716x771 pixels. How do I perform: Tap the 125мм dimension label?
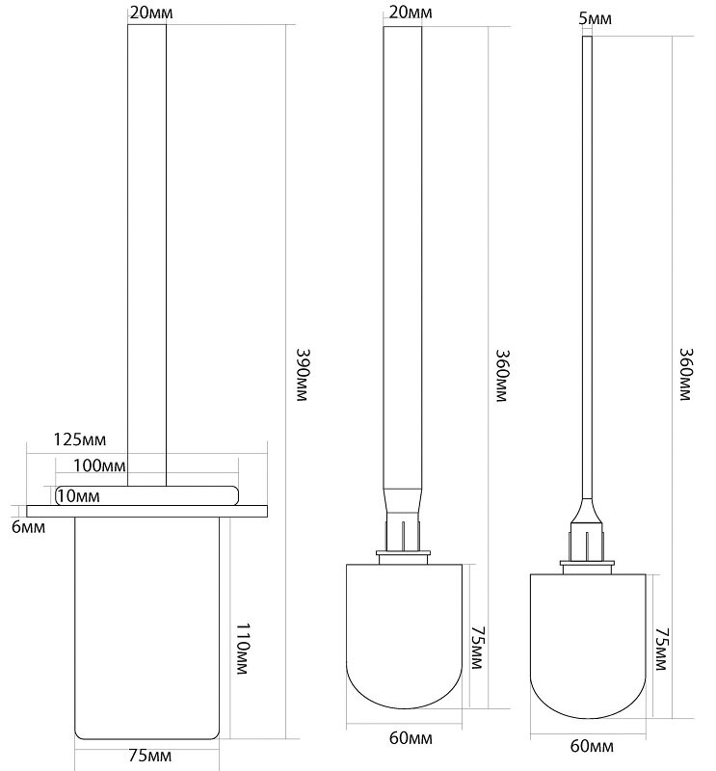point(80,439)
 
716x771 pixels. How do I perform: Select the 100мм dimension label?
point(99,465)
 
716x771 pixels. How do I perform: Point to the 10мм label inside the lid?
point(79,496)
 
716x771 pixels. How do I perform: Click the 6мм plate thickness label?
point(29,527)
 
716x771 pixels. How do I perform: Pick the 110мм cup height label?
point(243,649)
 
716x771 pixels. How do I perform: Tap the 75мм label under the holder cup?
point(150,756)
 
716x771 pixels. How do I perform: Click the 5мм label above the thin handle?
point(595,19)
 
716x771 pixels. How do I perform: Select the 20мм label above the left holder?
point(151,13)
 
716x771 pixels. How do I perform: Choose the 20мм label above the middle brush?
point(411,13)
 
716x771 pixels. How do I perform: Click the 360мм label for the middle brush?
point(501,376)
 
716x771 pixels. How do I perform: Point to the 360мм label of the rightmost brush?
point(685,374)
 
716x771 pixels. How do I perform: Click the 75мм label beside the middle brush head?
point(477,648)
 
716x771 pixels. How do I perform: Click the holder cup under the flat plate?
point(147,628)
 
